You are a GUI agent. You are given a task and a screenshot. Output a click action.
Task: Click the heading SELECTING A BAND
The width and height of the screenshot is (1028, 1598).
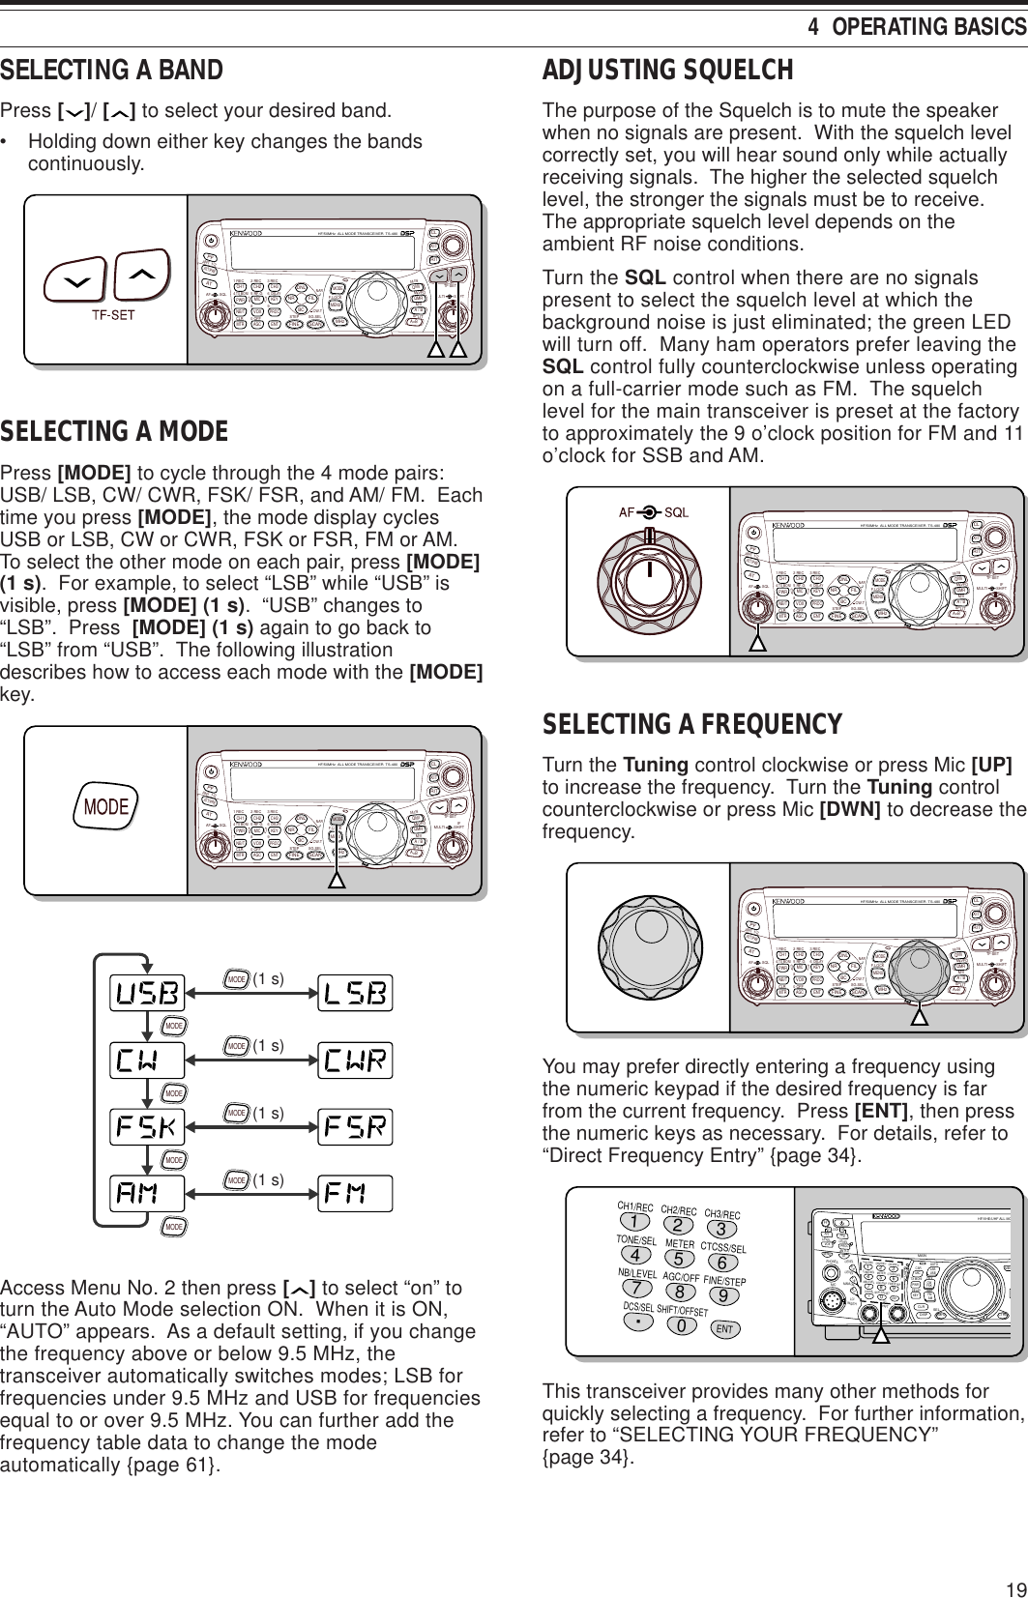point(112,71)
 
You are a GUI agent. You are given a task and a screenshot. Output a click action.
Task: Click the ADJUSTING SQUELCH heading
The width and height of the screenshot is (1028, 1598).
point(668,71)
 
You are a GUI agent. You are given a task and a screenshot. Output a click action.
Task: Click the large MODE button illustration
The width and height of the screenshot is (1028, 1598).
point(105,806)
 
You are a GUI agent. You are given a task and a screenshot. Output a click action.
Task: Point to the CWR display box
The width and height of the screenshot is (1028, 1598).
point(354,1060)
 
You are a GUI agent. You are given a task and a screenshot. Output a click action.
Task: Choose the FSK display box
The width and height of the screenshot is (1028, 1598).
point(148,1127)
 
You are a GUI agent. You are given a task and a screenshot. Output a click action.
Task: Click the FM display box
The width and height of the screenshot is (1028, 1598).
point(354,1192)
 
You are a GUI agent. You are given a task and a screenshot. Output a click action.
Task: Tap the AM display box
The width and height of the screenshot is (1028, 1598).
point(148,1192)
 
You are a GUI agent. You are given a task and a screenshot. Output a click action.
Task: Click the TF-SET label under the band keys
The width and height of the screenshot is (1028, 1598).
point(112,313)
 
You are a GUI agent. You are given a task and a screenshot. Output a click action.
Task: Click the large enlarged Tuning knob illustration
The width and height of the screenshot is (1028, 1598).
point(648,949)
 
